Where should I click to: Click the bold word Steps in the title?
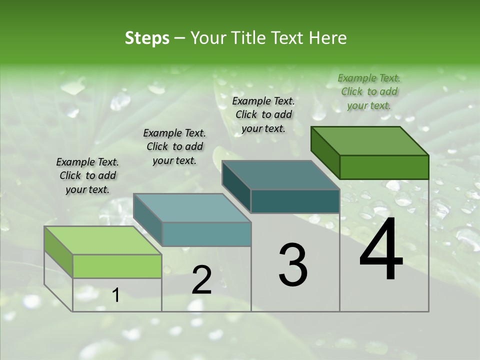click(x=147, y=38)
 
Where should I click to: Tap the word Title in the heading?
click(x=249, y=38)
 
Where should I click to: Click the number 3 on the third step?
click(x=293, y=264)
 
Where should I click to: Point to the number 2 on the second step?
click(x=201, y=280)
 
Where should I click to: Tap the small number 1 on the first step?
click(x=116, y=295)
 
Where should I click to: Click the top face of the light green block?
click(x=103, y=240)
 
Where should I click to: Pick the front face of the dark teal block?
click(x=295, y=201)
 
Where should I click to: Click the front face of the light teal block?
click(x=206, y=234)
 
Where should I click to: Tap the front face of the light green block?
click(x=117, y=266)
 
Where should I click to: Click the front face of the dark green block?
click(x=384, y=167)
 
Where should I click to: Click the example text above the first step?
click(x=87, y=175)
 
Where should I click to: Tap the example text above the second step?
click(x=174, y=146)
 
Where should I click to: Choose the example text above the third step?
click(x=263, y=114)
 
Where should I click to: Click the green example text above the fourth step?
click(x=369, y=91)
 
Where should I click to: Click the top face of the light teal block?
click(x=192, y=208)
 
